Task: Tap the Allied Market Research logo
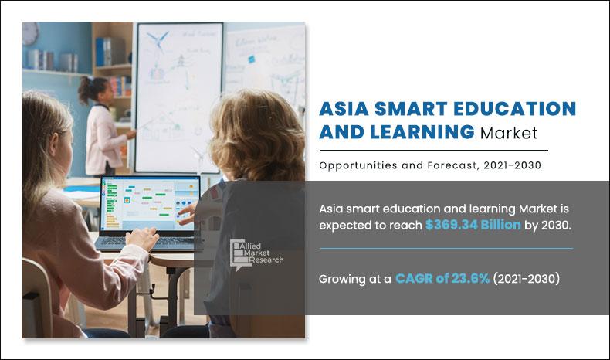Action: pyautogui.click(x=256, y=253)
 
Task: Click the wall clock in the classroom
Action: pyautogui.click(x=31, y=33)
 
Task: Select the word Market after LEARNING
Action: pyautogui.click(x=509, y=133)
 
